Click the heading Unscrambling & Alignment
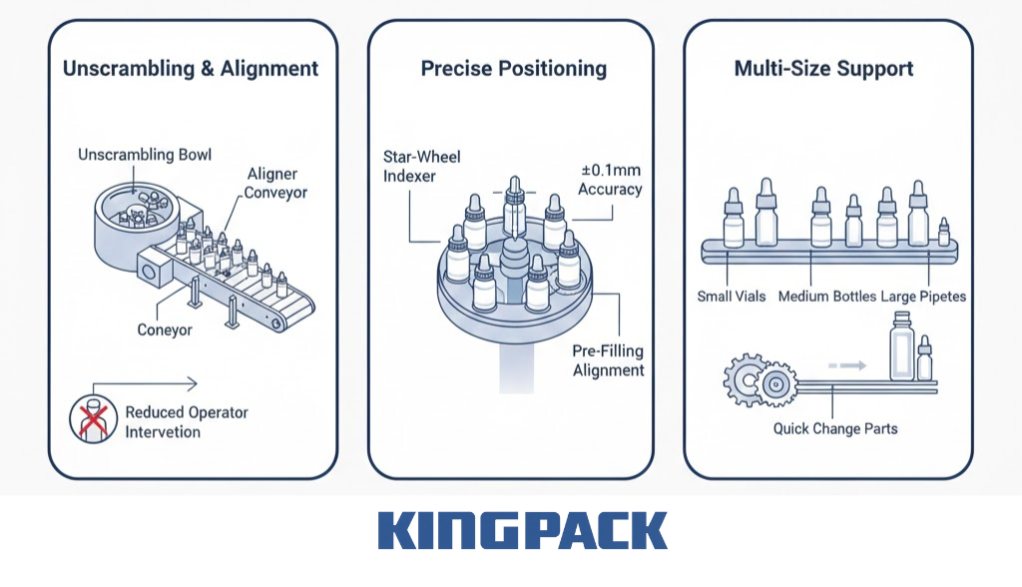(191, 69)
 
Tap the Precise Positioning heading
(513, 69)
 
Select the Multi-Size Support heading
(823, 69)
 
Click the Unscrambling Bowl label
(145, 155)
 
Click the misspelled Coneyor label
(165, 329)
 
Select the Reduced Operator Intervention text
(186, 421)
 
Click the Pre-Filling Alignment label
(608, 360)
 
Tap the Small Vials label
(733, 296)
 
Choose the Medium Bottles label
(826, 296)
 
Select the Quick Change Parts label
(834, 429)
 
